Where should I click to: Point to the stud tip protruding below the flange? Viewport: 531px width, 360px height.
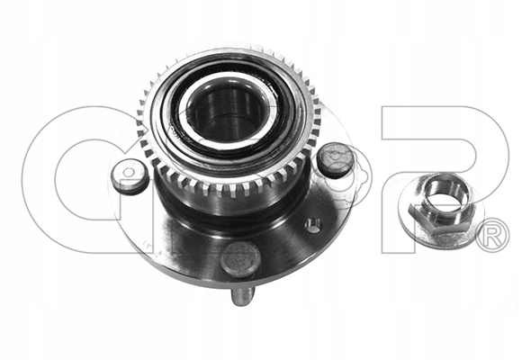(242, 296)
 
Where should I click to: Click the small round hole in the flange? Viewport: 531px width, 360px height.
(312, 226)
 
